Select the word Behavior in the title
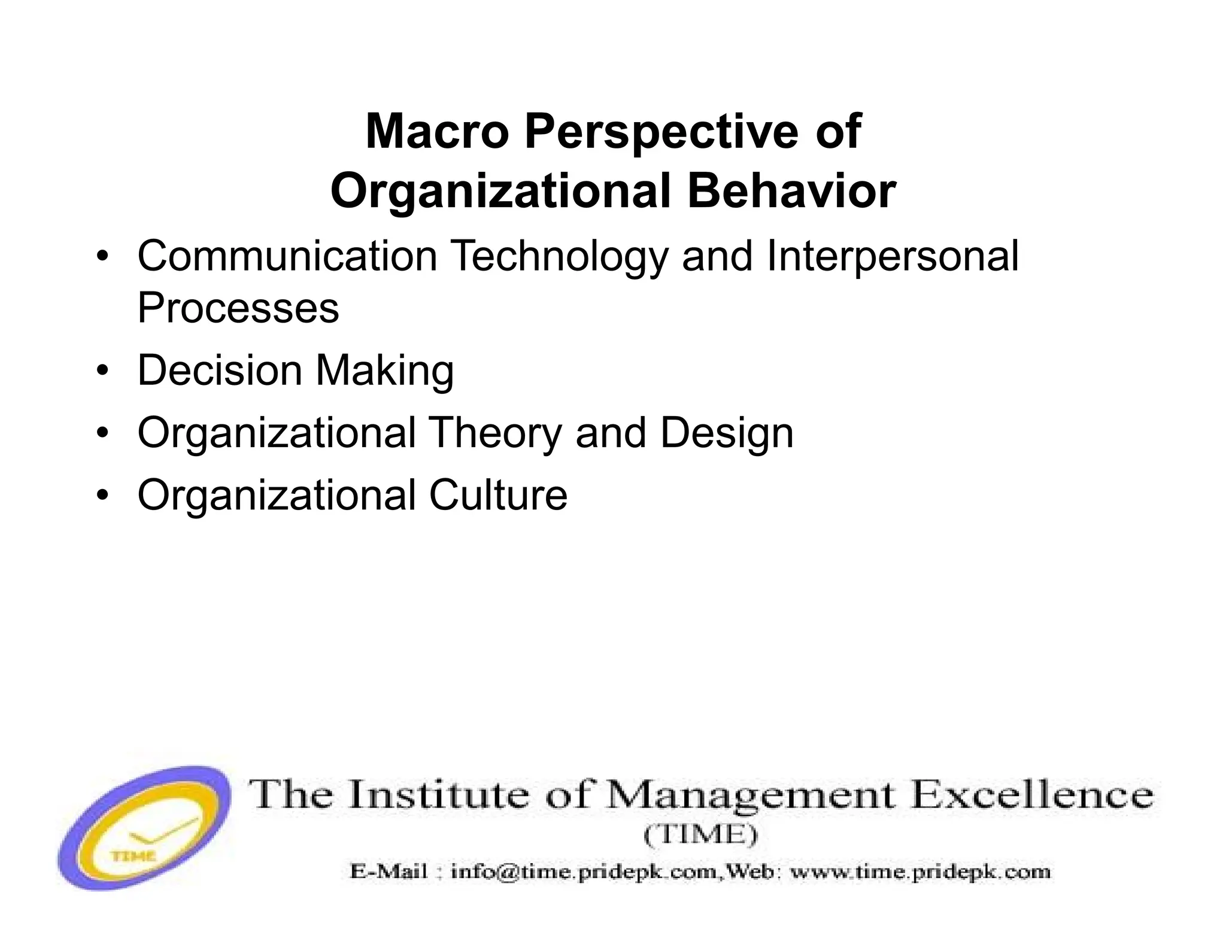tap(791, 192)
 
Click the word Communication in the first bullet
tap(287, 256)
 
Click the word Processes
tap(238, 308)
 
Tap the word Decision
tap(219, 370)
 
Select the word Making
tap(385, 371)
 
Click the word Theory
tap(495, 433)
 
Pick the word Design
tap(727, 433)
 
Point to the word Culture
tap(498, 495)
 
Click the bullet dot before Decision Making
tap(103, 370)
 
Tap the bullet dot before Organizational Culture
tap(103, 495)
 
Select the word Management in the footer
tap(752, 796)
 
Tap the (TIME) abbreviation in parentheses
tap(701, 835)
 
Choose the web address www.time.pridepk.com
tap(920, 872)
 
